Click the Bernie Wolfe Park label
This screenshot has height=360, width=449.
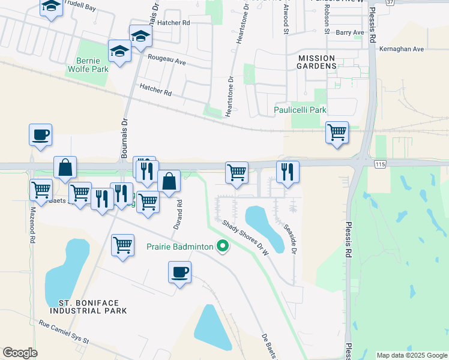(92, 65)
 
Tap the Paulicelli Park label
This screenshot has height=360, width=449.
(300, 110)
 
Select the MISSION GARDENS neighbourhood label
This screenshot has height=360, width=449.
(316, 61)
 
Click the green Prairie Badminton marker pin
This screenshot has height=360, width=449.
(223, 246)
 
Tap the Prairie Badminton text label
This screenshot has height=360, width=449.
(179, 247)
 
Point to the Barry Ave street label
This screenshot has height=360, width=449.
(350, 32)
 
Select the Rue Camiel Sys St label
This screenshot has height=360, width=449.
(64, 332)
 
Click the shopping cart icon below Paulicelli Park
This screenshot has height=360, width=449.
(337, 133)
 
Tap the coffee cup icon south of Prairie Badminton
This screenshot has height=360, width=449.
(179, 272)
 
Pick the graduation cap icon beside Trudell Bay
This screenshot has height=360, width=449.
(52, 7)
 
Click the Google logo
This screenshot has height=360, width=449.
(20, 353)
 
